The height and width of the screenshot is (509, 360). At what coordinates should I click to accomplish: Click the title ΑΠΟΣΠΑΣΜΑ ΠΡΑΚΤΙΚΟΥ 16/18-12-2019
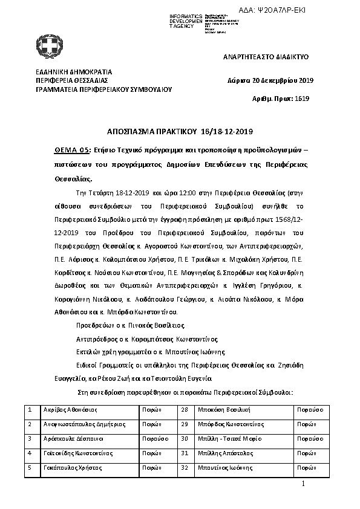pyautogui.click(x=180, y=131)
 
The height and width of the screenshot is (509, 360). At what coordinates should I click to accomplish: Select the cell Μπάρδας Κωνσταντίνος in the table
pyautogui.click(x=231, y=424)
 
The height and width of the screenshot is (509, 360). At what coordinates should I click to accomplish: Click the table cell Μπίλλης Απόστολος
pyautogui.click(x=224, y=453)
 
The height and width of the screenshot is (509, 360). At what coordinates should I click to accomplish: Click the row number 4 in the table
pyautogui.click(x=30, y=453)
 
